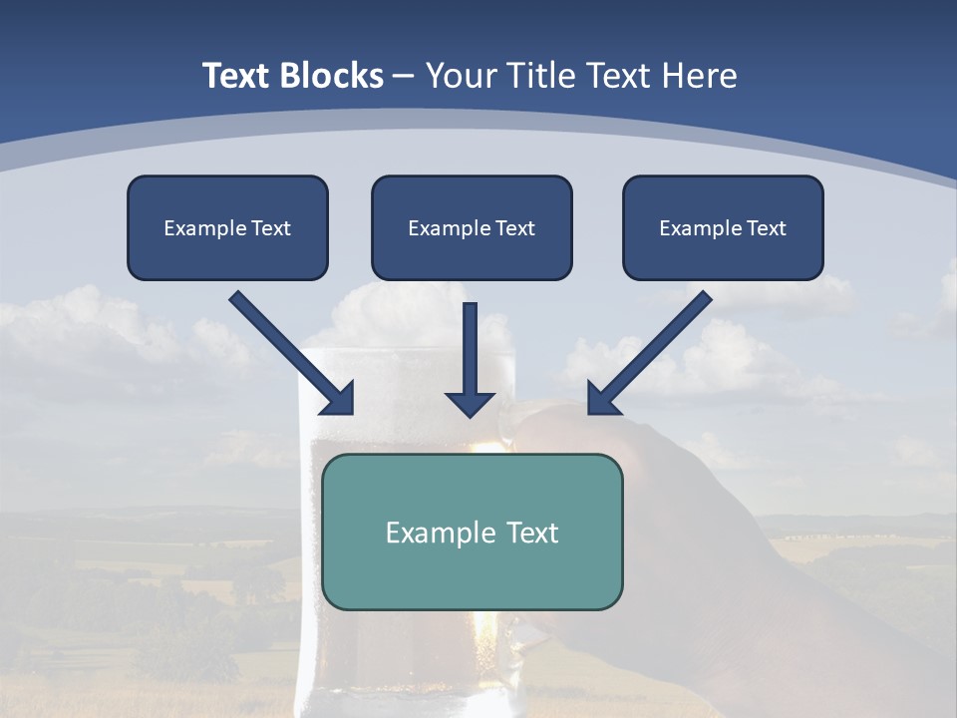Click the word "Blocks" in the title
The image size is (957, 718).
point(331,76)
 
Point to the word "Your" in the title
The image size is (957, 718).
point(461,76)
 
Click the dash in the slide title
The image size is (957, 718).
point(404,77)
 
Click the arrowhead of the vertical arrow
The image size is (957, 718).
point(470,404)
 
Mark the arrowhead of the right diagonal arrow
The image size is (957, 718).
point(602,399)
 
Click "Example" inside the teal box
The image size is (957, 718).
point(440,533)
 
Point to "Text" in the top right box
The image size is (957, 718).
point(766,228)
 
